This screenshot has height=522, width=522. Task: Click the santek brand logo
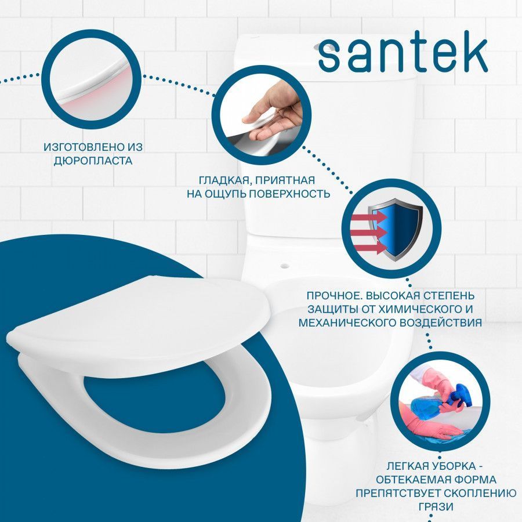403,56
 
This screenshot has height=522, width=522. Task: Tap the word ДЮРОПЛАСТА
93,161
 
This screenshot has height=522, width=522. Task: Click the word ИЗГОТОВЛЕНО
84,147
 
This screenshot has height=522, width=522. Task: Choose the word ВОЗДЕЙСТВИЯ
440,322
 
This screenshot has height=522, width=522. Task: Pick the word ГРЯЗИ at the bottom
436,506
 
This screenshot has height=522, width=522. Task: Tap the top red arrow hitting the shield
369,217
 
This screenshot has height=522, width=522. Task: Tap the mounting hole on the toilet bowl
284,266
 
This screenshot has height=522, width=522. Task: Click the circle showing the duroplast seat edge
92,79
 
